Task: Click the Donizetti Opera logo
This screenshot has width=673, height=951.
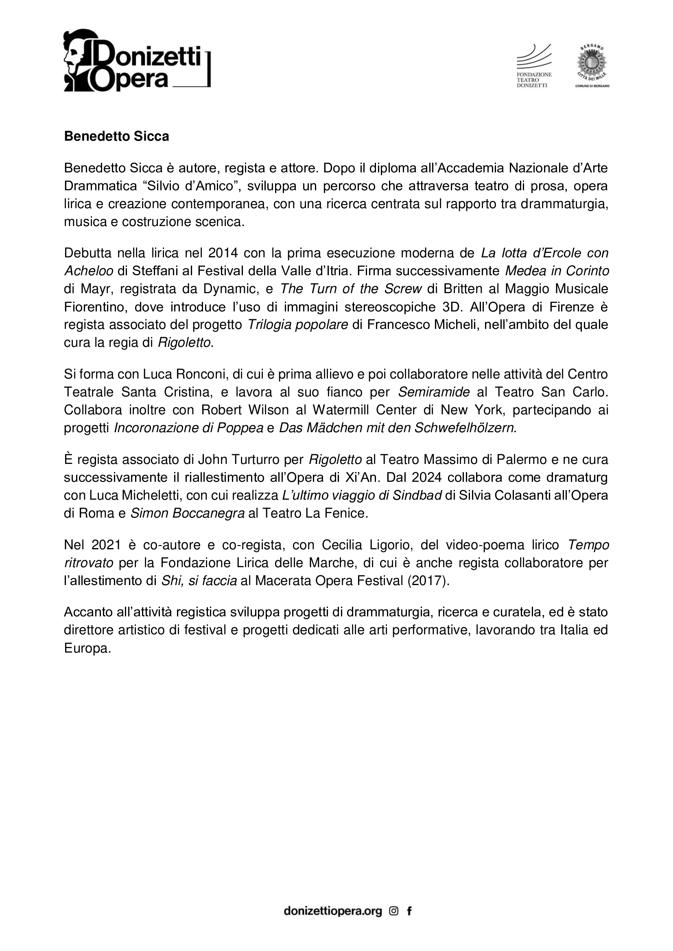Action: coord(137,61)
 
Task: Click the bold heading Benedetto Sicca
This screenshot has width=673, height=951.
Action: coord(116,137)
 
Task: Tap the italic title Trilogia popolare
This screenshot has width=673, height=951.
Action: coord(297,324)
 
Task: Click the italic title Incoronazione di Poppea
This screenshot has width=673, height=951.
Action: coord(188,427)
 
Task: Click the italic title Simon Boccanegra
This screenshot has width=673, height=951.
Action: coord(188,513)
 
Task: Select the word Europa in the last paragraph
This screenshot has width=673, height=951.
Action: coord(87,648)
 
